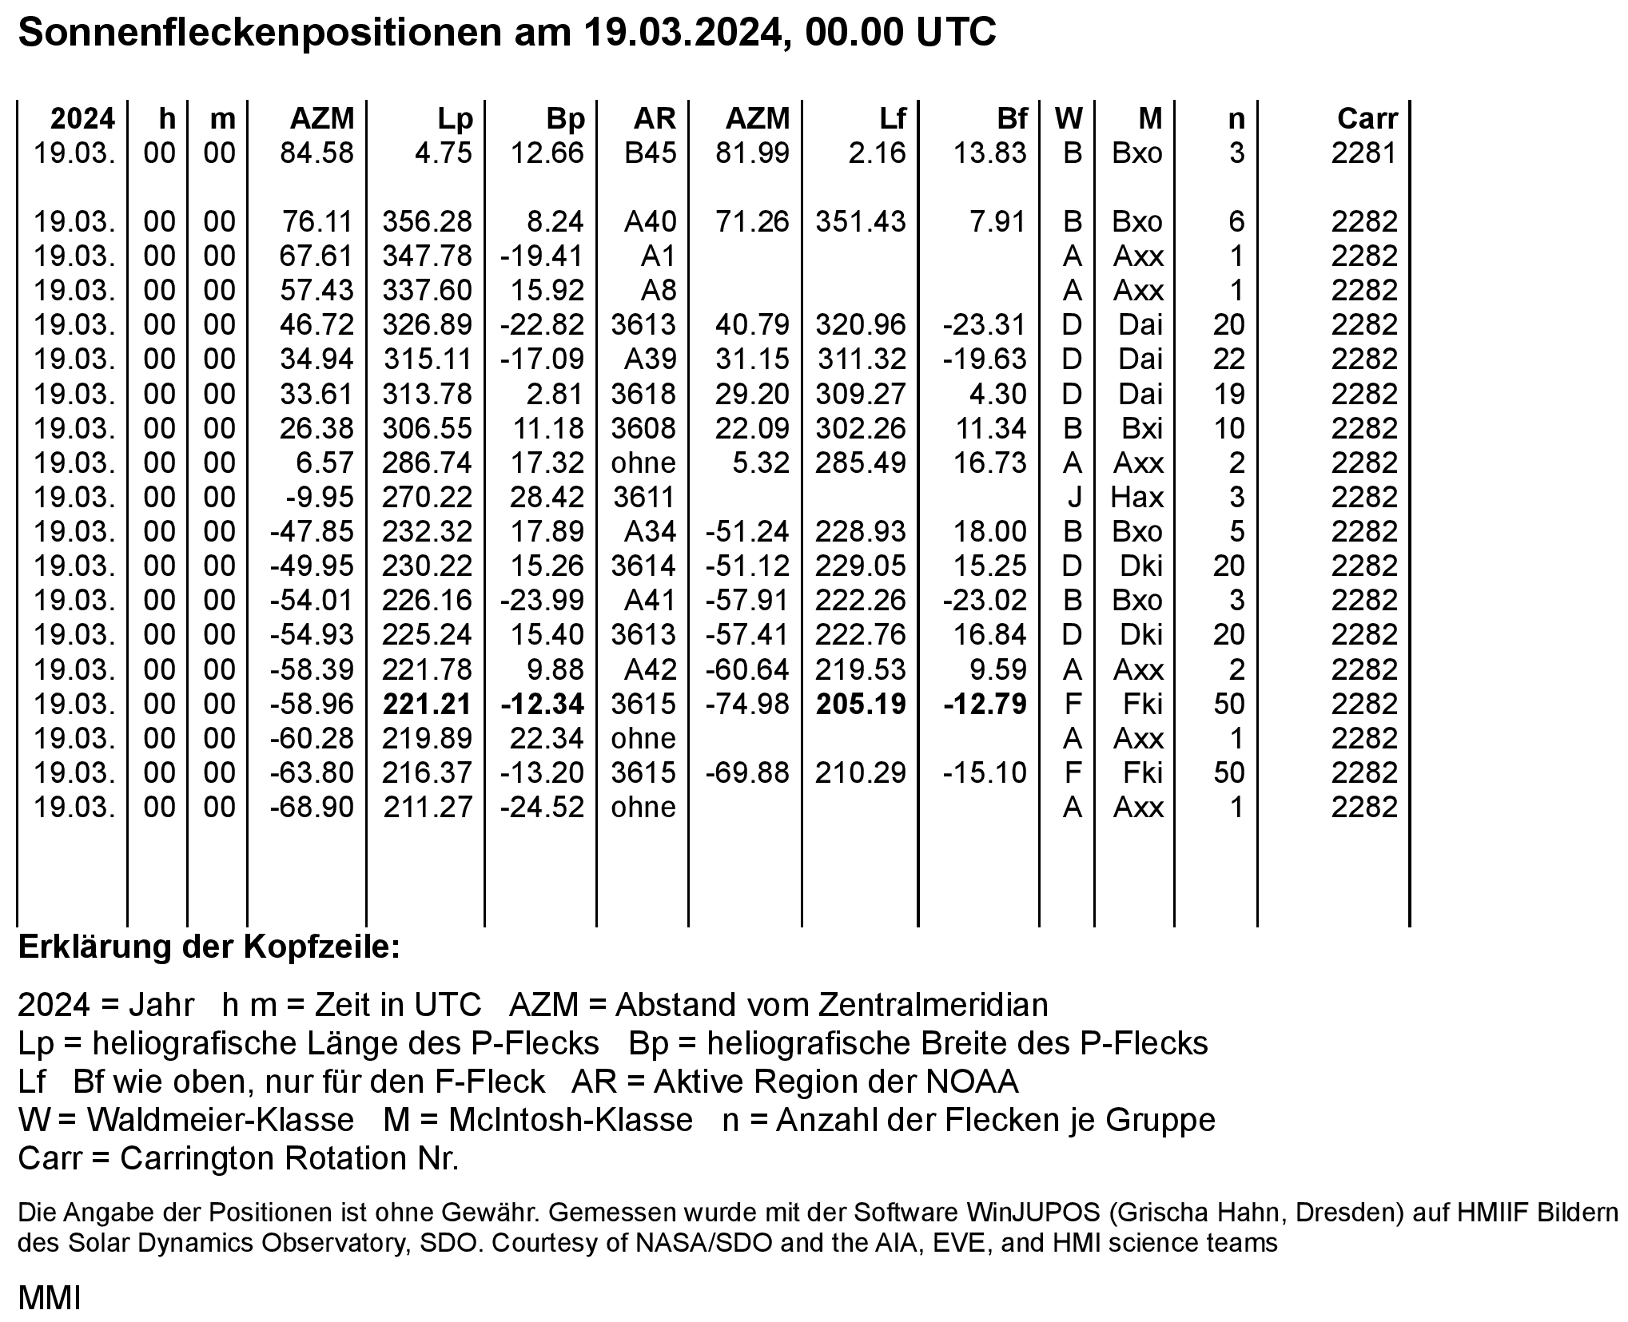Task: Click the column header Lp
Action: pyautogui.click(x=455, y=119)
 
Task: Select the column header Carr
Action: pyautogui.click(x=1367, y=119)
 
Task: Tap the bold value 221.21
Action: pyautogui.click(x=428, y=704)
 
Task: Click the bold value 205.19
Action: pyautogui.click(x=861, y=704)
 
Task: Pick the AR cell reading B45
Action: pyautogui.click(x=649, y=153)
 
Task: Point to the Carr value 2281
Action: pyautogui.click(x=1363, y=153)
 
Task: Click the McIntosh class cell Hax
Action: pyautogui.click(x=1136, y=498)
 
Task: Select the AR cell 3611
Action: pyautogui.click(x=643, y=498)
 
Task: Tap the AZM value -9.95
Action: pyautogui.click(x=320, y=498)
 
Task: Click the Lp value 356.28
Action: pyautogui.click(x=428, y=221)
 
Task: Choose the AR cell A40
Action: pyautogui.click(x=649, y=221)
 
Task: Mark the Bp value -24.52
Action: pyautogui.click(x=542, y=807)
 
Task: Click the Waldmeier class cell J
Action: pyautogui.click(x=1073, y=498)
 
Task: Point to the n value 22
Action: pyautogui.click(x=1228, y=359)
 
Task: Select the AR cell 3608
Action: pyautogui.click(x=643, y=429)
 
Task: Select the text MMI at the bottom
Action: pyautogui.click(x=50, y=1299)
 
